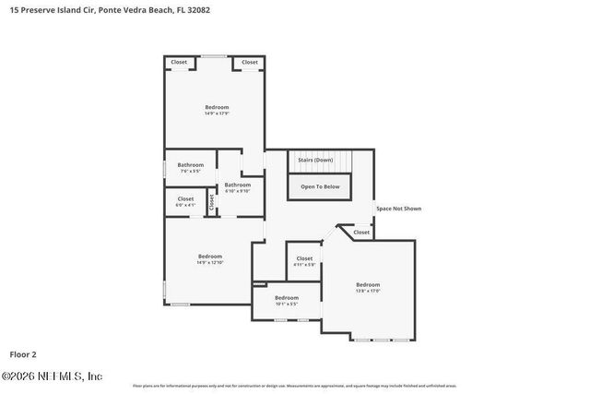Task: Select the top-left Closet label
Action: click(179, 62)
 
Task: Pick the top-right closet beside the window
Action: click(250, 62)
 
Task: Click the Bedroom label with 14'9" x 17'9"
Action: click(216, 108)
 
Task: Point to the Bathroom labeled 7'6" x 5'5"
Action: click(191, 168)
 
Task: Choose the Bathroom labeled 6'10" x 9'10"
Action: click(237, 187)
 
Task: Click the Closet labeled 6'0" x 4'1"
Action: click(186, 200)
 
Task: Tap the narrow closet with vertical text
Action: click(211, 202)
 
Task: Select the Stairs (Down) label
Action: click(315, 160)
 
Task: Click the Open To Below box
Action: click(320, 186)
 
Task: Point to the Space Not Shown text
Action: click(398, 209)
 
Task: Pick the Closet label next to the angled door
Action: click(360, 232)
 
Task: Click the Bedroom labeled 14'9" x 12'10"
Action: click(210, 258)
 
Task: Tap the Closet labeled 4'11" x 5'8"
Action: click(304, 261)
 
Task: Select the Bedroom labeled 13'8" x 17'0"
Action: click(368, 287)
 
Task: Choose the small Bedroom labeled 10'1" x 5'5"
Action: click(286, 300)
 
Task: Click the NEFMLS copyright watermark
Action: click(52, 376)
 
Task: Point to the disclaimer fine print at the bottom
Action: click(295, 386)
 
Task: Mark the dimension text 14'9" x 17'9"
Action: click(216, 113)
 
